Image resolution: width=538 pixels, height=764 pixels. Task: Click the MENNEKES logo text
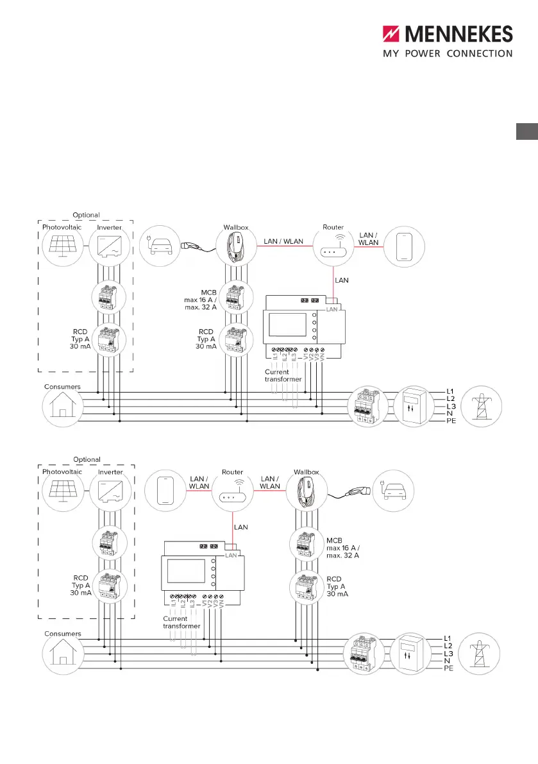[457, 34]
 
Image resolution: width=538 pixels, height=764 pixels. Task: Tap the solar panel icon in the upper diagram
[62, 244]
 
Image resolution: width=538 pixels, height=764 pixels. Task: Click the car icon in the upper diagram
[160, 244]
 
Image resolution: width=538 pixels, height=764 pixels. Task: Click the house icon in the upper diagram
[62, 407]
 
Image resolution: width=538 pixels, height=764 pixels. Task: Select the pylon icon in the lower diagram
[482, 652]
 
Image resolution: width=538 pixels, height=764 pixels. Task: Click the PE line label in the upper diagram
[450, 421]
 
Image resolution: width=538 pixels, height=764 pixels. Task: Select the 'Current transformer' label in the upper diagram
[277, 375]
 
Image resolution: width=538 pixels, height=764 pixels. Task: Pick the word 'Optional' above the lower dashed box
[87, 459]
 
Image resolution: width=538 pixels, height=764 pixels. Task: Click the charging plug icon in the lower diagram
[355, 491]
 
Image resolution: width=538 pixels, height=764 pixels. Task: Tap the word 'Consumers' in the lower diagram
[62, 633]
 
